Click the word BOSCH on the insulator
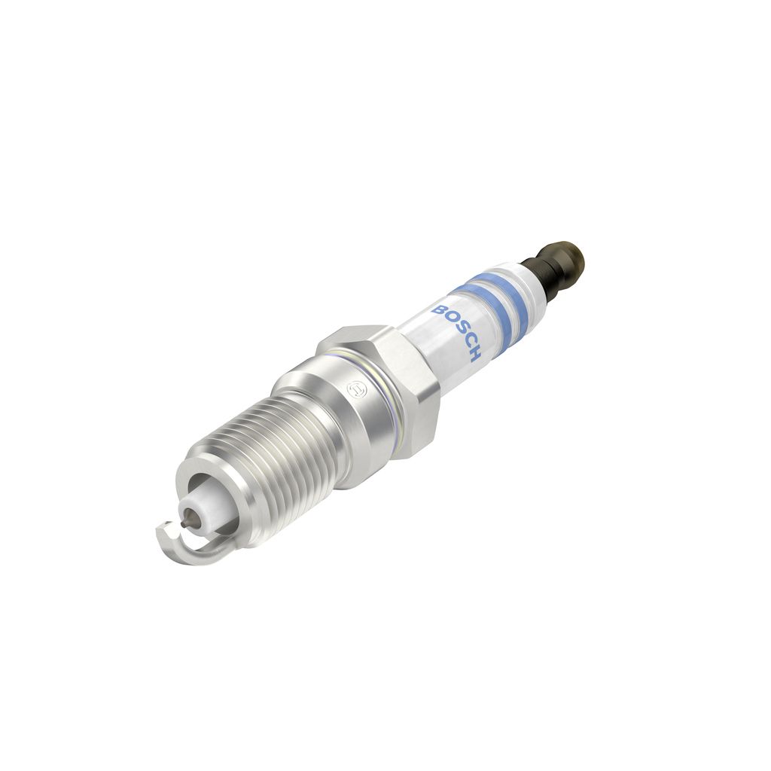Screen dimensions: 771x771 pos(456,332)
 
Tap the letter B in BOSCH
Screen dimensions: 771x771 pos(437,309)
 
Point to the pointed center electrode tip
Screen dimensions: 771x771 pos(184,523)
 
